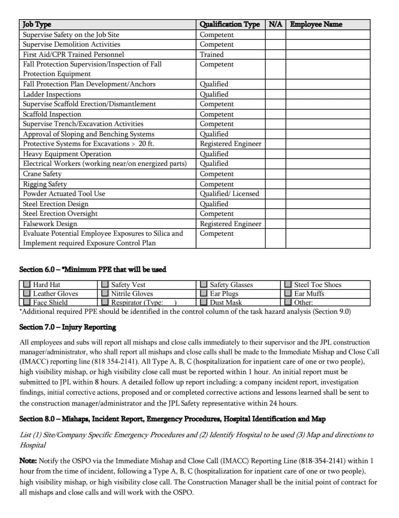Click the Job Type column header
click(37, 24)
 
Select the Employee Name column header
click(316, 24)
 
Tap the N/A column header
click(275, 24)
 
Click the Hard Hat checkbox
click(27, 285)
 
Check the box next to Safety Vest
click(105, 285)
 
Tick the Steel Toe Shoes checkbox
click(288, 285)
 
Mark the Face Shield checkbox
click(27, 302)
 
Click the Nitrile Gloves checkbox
click(105, 293)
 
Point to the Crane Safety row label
click(42, 174)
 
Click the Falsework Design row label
click(50, 224)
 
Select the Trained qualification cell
click(211, 55)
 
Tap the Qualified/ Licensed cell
click(229, 194)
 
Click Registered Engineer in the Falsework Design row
click(231, 224)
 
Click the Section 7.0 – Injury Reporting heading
click(67, 327)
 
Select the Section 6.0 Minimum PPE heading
click(93, 270)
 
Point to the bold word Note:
click(28, 461)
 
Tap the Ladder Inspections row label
click(52, 95)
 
